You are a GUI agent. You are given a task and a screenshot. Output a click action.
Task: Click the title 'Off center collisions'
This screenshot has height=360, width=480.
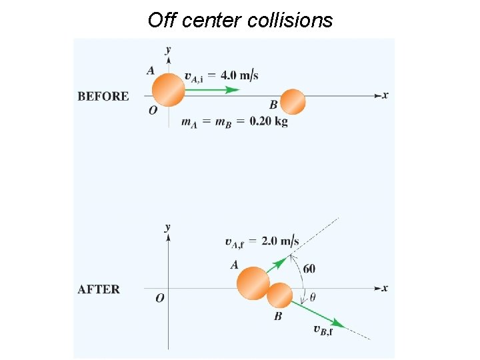point(240,20)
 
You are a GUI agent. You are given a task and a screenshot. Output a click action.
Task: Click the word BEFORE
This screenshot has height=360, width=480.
point(103,96)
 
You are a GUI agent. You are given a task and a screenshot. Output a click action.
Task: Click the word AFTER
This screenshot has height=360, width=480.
point(99,289)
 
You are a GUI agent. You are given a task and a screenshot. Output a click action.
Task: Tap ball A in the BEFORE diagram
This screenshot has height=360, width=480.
point(168,90)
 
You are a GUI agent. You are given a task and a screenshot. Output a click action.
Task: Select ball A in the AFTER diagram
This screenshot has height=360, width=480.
point(253,283)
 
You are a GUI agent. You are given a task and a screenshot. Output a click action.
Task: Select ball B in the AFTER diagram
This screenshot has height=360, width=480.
point(280,295)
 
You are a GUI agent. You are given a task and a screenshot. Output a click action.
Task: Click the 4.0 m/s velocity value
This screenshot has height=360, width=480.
point(242,75)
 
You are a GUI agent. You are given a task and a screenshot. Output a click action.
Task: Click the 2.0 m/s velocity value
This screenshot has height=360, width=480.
point(280,241)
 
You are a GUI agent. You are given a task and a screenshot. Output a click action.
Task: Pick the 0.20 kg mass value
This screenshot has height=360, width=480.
point(269,121)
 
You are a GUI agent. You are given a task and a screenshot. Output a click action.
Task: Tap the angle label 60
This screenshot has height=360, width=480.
point(309,268)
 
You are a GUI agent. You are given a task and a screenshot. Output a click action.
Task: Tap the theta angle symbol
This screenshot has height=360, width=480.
point(313,297)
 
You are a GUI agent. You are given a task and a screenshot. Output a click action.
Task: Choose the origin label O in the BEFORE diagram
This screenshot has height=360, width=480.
point(153,110)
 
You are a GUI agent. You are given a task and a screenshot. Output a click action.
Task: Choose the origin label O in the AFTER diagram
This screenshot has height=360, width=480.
point(160,298)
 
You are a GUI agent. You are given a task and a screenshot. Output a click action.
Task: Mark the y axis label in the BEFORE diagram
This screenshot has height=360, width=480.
point(168,49)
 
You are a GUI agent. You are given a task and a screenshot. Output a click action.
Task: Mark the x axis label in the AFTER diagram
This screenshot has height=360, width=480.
point(385,288)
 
